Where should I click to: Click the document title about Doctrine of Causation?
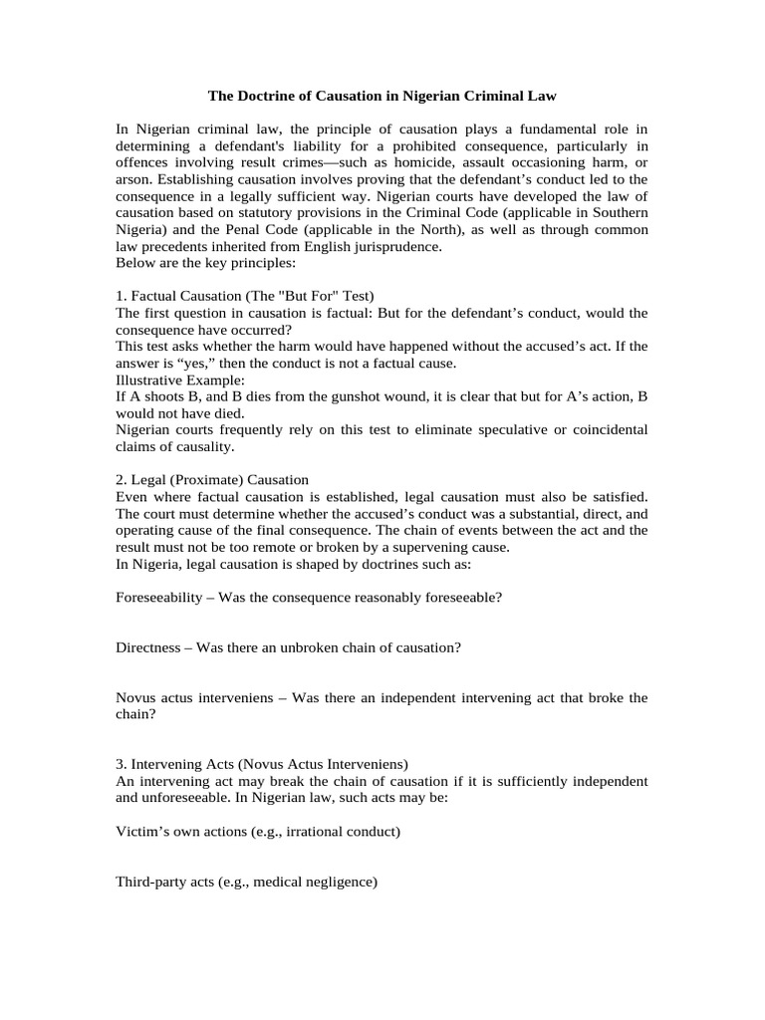pyautogui.click(x=382, y=97)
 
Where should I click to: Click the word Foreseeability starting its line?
pyautogui.click(x=160, y=598)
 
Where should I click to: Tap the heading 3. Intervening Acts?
pyautogui.click(x=262, y=764)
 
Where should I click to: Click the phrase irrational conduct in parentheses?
pyautogui.click(x=341, y=831)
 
